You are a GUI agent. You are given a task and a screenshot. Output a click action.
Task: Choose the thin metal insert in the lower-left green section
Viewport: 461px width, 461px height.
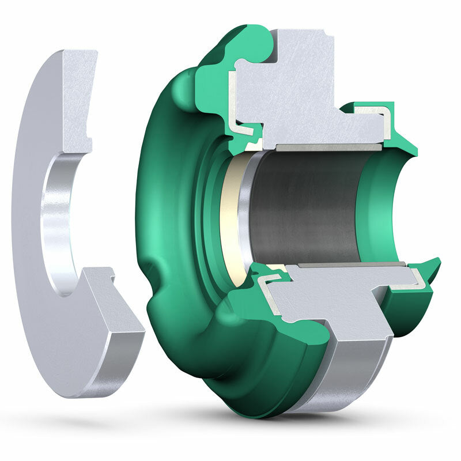click(x=268, y=294)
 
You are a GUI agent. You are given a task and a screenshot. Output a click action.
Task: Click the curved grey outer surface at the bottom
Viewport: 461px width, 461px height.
click(x=346, y=375)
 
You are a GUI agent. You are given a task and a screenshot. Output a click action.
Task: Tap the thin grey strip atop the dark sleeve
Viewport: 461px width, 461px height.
click(x=328, y=148)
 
